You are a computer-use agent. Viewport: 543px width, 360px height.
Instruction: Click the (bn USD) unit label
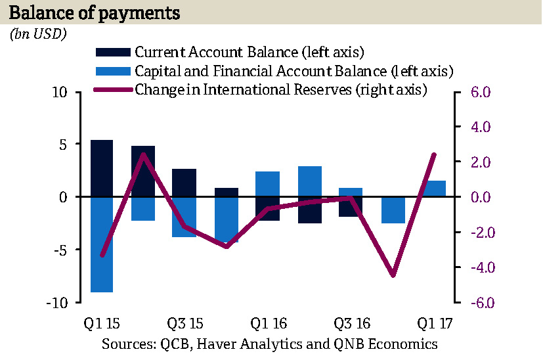point(38,35)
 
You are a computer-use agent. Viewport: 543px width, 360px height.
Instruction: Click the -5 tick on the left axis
point(61,250)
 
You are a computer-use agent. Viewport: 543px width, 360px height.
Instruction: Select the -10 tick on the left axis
point(58,302)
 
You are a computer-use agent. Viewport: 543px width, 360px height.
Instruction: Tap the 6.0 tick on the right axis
point(481,92)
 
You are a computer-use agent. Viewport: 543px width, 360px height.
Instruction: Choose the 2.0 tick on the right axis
point(481,162)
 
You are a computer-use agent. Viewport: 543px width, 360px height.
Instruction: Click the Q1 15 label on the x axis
point(102,324)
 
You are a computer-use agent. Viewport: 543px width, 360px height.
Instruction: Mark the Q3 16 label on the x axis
point(351,324)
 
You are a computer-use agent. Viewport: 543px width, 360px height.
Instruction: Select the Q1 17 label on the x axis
point(435,324)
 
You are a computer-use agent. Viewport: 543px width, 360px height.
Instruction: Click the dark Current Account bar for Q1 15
point(102,168)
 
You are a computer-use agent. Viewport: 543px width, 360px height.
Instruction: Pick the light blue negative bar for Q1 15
point(102,244)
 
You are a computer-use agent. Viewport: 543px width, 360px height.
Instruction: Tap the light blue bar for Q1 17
point(435,189)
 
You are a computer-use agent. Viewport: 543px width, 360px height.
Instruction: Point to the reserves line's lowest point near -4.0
point(393,275)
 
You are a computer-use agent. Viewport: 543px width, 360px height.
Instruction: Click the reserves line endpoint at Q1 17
point(435,154)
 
